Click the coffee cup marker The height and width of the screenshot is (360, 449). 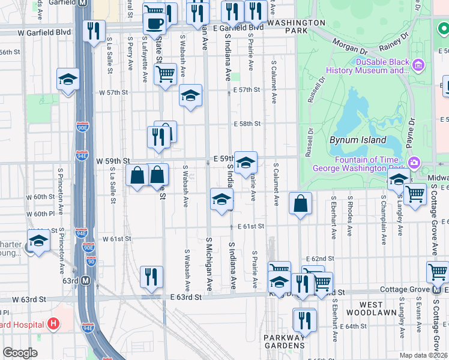[x=154, y=23]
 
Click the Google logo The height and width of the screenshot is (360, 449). [x=20, y=353]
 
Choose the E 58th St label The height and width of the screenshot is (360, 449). [x=248, y=124]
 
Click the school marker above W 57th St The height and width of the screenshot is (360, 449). [x=68, y=79]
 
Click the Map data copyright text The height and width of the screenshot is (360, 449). [x=424, y=355]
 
